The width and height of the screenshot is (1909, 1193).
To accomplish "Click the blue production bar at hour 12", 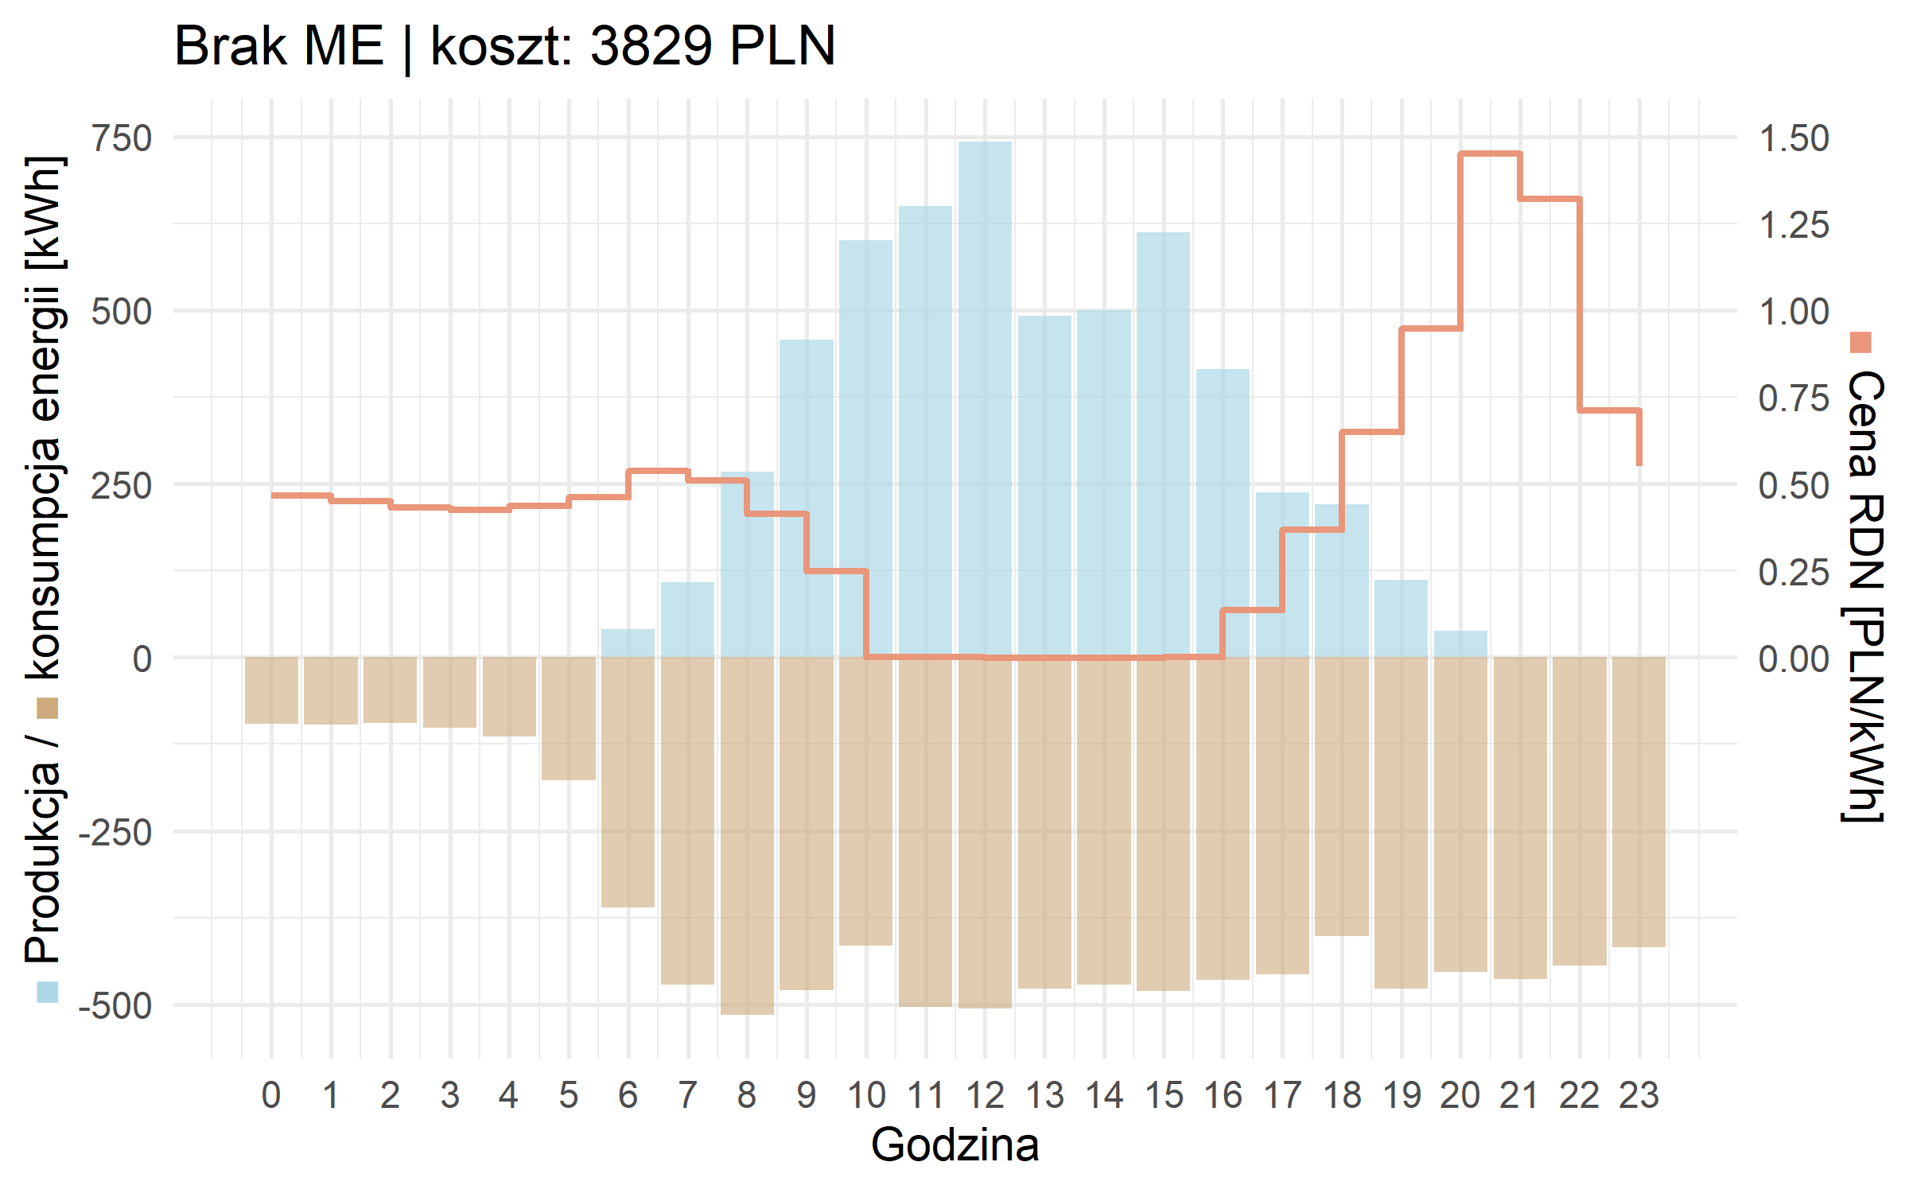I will (x=985, y=398).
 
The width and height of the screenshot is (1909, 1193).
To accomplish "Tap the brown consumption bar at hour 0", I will (x=271, y=690).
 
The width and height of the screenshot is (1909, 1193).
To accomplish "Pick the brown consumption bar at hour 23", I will (x=1639, y=802).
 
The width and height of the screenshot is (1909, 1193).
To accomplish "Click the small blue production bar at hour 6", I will (x=628, y=643).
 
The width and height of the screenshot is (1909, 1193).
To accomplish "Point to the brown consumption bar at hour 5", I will (x=569, y=718).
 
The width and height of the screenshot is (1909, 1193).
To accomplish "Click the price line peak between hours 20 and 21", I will (x=1490, y=153).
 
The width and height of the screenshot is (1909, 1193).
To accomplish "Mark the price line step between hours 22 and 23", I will (x=1608, y=410).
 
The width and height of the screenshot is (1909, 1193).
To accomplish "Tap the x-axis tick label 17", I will (x=1282, y=1096).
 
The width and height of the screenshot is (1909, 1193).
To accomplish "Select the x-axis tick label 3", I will (x=450, y=1096).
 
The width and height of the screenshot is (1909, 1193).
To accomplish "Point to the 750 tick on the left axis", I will (x=122, y=138).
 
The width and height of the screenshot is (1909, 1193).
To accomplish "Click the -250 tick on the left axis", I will (x=116, y=833).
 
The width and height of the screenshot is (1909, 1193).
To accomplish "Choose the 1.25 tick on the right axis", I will (x=1794, y=225).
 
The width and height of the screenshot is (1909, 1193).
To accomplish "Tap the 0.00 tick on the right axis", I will (x=1794, y=659).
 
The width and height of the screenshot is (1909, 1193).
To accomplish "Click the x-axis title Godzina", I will (x=954, y=1145).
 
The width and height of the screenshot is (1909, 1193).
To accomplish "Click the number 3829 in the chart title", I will (x=651, y=45).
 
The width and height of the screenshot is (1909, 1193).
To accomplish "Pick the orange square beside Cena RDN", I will (x=1861, y=342).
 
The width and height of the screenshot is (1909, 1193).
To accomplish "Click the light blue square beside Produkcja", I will (x=48, y=992).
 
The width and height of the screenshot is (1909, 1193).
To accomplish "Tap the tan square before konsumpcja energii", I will (x=48, y=708).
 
